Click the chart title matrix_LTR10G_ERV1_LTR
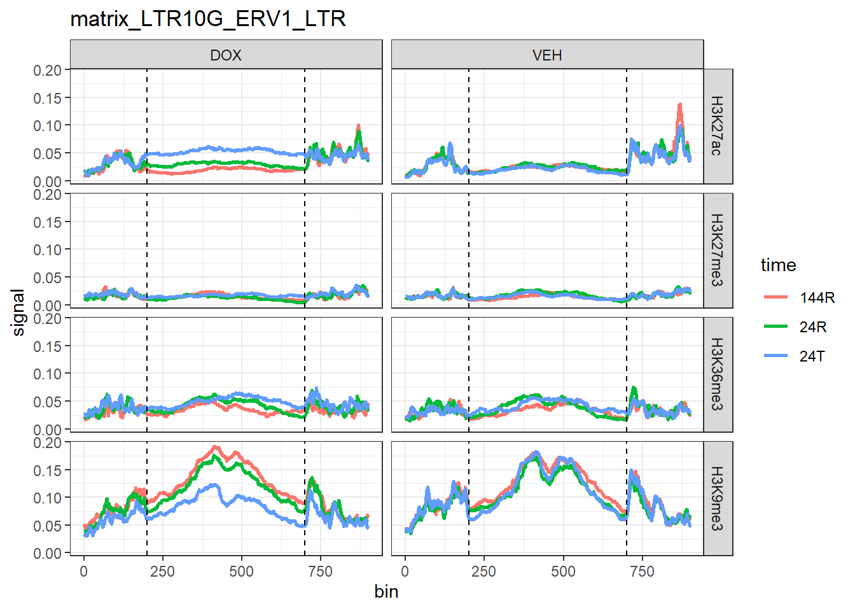pos(208,19)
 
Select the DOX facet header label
pos(226,55)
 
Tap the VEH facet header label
pos(547,55)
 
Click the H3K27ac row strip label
pos(717,126)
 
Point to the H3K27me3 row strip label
pos(717,250)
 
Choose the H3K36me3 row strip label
pos(717,374)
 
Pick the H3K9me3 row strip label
pos(717,498)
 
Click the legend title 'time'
pos(778,265)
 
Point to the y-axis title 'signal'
pos(18,312)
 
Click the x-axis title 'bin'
pos(386,592)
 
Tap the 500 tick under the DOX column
pos(241,572)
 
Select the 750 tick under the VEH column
pos(642,572)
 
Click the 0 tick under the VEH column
pos(405,572)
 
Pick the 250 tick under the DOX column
pos(162,572)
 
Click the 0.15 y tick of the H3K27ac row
pos(48,98)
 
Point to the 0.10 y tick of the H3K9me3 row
pos(48,498)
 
